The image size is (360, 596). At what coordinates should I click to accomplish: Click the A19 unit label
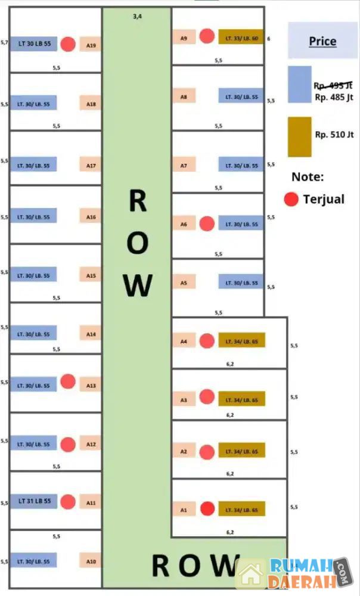(91, 45)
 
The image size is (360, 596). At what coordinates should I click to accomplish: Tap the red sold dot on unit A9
(207, 36)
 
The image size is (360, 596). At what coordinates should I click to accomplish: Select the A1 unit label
(184, 510)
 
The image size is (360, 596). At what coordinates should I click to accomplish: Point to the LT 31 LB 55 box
(33, 501)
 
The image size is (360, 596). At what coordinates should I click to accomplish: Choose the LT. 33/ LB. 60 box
(241, 38)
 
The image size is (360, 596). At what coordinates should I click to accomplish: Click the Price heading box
(322, 42)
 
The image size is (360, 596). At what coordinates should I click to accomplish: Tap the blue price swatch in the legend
(300, 85)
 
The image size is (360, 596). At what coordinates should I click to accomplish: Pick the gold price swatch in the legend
(299, 136)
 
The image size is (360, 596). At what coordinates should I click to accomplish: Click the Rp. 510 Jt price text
(334, 134)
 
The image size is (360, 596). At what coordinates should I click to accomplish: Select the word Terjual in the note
(324, 199)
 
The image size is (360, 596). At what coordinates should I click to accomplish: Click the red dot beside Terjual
(291, 199)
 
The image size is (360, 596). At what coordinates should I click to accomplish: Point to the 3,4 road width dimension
(137, 17)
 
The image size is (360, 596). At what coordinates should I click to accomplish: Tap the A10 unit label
(91, 561)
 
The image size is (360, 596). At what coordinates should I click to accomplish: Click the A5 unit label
(184, 284)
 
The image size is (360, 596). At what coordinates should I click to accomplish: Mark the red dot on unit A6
(207, 223)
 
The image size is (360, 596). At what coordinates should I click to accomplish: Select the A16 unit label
(91, 218)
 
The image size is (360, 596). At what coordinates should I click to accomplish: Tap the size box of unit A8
(241, 96)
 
